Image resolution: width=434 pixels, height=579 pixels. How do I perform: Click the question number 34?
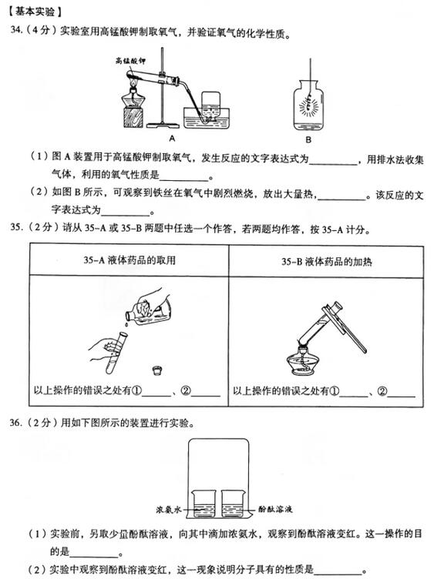click(x=17, y=32)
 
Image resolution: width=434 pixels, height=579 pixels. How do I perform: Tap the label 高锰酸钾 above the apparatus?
click(x=130, y=59)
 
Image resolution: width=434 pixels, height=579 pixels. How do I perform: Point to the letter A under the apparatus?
click(x=173, y=139)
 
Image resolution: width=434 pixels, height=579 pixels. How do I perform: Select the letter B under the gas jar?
click(x=308, y=139)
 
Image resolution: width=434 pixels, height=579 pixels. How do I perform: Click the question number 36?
click(x=17, y=423)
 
